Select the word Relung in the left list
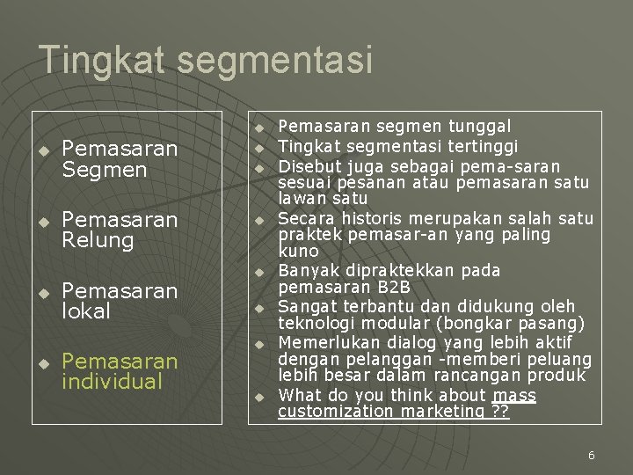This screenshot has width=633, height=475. (x=98, y=240)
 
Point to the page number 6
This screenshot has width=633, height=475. (x=591, y=455)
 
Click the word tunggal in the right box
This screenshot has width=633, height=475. (x=481, y=128)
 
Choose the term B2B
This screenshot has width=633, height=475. (x=390, y=288)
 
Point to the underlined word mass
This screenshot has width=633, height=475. (x=514, y=395)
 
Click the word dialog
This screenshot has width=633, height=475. (x=390, y=342)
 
